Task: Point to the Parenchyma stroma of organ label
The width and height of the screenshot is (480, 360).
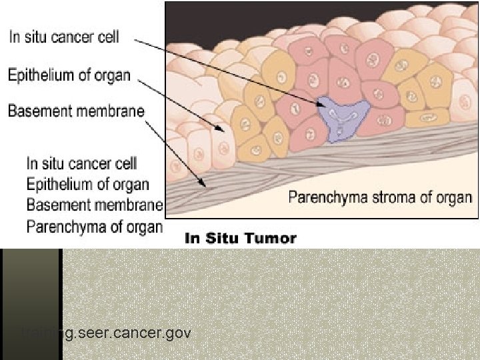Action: (380, 197)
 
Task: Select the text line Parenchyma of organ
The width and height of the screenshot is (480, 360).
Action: (94, 226)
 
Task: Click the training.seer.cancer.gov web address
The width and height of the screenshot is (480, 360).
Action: (107, 332)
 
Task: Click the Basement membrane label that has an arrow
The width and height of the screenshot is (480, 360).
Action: (75, 111)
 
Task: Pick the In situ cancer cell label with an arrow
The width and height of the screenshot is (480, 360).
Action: (64, 37)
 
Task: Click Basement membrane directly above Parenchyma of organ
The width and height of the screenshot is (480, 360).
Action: (94, 205)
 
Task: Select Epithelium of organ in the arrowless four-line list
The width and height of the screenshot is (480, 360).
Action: (88, 184)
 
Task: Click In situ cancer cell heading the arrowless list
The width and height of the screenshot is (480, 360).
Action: (81, 163)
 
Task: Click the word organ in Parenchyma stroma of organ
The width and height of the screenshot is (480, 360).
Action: (455, 197)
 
